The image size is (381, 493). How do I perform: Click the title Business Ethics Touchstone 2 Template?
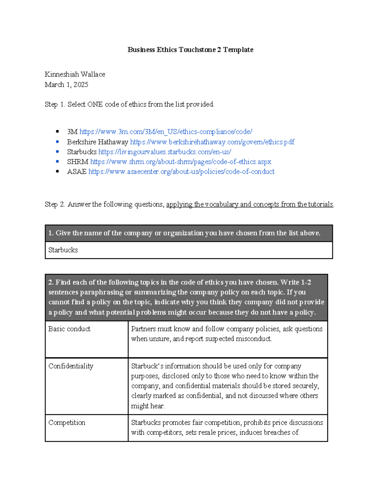coord(190,50)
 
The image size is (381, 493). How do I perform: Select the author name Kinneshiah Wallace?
coord(75,74)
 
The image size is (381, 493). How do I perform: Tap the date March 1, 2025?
coord(66,85)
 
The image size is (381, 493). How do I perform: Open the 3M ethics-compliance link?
coord(166,132)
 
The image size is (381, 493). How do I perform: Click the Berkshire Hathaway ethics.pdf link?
coord(212,142)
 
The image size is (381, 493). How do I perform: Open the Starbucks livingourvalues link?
coord(164,152)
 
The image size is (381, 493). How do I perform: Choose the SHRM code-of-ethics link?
coord(180,162)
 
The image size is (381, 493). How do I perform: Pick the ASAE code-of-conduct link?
coord(181,172)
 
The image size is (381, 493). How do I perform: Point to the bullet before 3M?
coord(57,132)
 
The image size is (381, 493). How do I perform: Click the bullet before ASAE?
coord(57,172)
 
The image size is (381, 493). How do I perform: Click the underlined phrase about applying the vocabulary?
coord(250,204)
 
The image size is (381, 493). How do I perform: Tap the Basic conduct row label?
coord(69,329)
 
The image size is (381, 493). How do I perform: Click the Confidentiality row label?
coord(71,366)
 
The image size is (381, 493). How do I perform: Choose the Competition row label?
coord(67,423)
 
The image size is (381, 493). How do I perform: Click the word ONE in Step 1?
coord(95,104)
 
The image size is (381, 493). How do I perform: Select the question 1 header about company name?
coord(184,233)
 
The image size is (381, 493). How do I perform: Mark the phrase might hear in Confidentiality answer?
coord(148,406)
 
